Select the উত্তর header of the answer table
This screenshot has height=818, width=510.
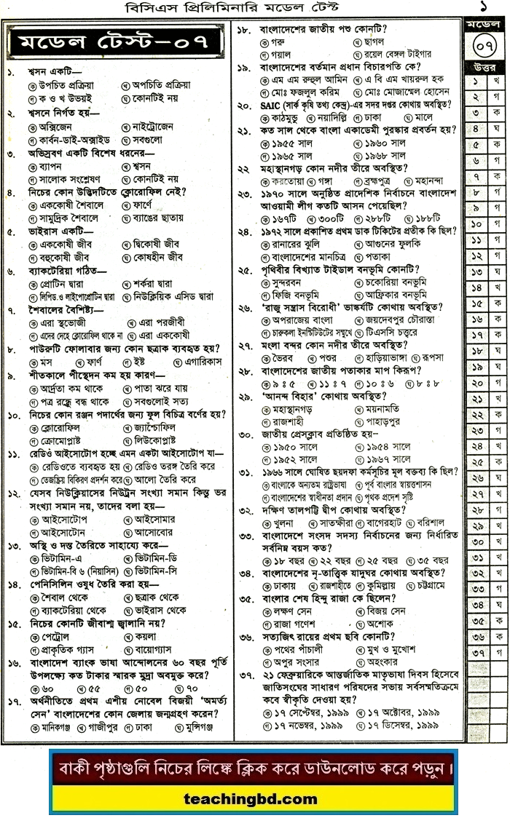pyautogui.click(x=484, y=70)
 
